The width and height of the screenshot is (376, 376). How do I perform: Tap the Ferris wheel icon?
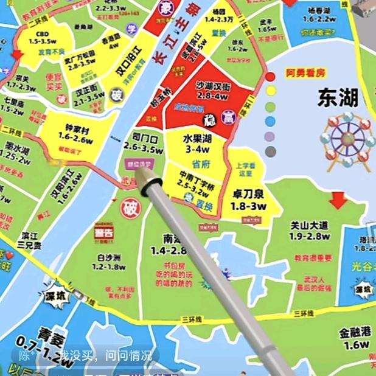pos(342,139)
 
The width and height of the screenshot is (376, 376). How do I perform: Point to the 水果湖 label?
pos(197,139)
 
